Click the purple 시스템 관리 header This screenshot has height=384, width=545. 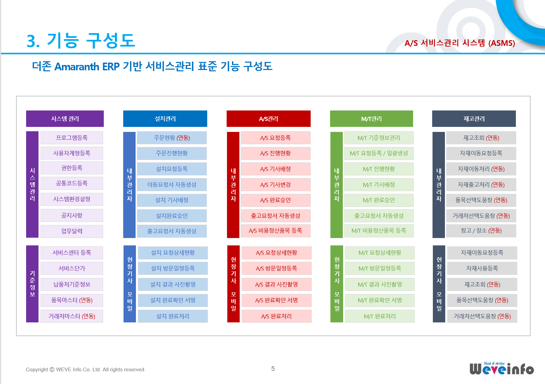(65, 119)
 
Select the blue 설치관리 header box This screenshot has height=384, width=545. (165, 119)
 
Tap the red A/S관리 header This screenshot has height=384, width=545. (268, 119)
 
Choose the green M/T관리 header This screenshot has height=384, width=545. (371, 119)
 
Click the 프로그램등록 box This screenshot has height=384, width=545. (72, 138)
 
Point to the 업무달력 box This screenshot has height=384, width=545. (72, 231)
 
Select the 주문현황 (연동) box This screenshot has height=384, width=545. (172, 138)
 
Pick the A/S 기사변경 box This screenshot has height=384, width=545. (276, 184)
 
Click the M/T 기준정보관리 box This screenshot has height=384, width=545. (379, 138)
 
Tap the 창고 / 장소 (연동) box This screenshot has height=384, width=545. (481, 231)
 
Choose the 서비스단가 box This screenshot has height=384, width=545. (72, 268)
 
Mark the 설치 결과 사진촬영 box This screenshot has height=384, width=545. (173, 284)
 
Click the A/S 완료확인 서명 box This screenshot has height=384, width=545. (277, 300)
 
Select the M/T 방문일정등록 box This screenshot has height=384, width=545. (380, 268)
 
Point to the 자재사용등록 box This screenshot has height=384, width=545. (482, 268)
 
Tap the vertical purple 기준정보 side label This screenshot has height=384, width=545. (32, 284)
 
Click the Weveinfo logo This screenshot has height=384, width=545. (501, 369)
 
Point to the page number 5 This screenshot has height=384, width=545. (273, 369)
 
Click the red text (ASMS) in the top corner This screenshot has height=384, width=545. (501, 43)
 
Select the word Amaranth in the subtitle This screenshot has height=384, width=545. (77, 67)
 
